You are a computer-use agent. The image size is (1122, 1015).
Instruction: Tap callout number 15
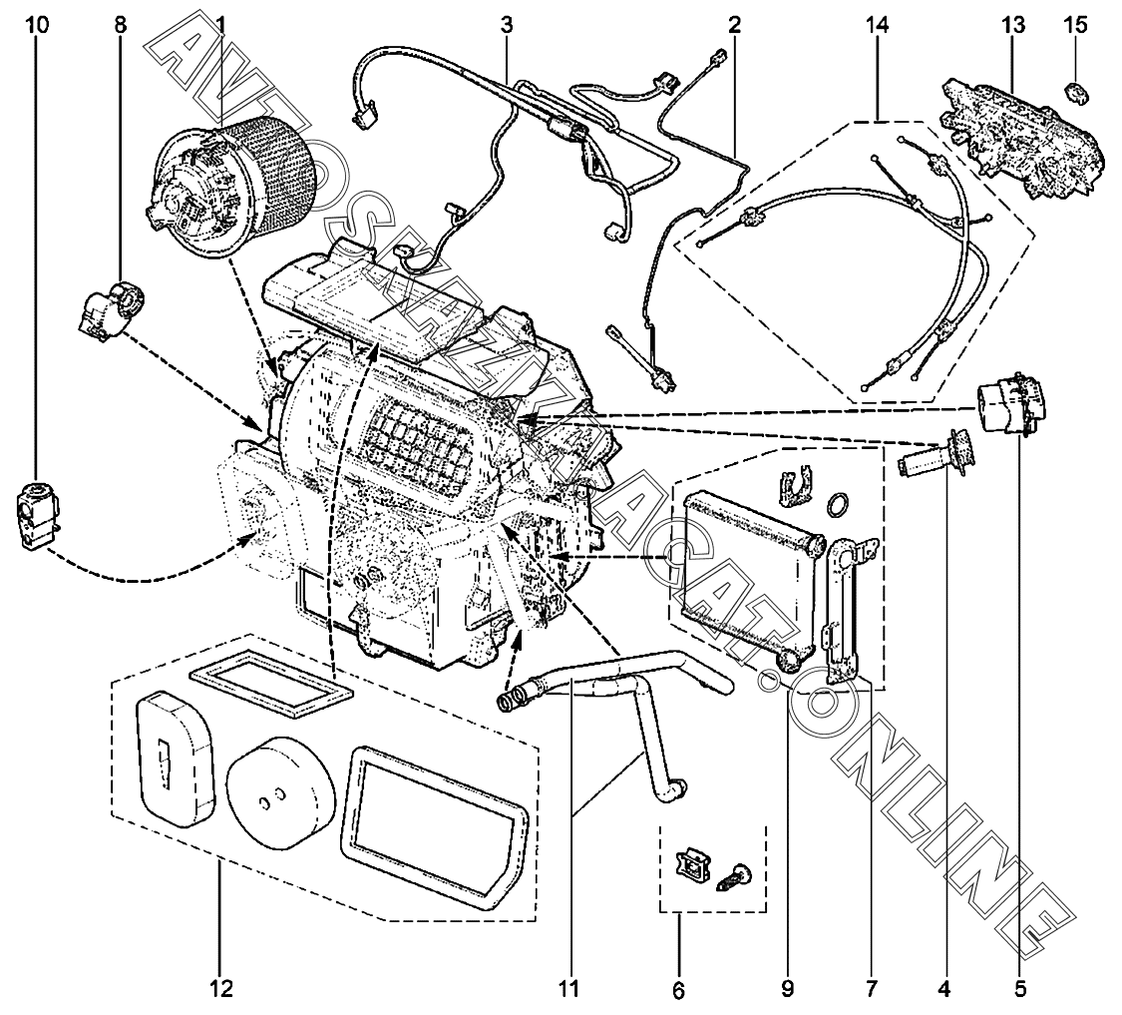point(1076,25)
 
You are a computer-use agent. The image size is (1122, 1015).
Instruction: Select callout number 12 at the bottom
point(220,989)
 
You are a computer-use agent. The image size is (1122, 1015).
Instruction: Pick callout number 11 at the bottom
point(569,989)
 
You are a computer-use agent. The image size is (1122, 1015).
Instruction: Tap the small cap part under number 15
point(1075,92)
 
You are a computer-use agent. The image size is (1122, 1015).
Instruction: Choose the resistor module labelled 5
point(1013,405)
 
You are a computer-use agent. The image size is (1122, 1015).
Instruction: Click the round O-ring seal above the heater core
point(838,503)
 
